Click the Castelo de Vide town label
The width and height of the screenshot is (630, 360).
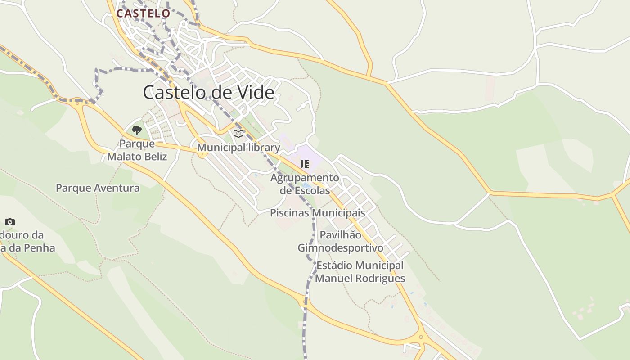(208, 92)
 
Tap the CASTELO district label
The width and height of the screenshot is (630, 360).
(143, 13)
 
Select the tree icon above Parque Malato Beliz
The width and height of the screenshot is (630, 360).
(137, 130)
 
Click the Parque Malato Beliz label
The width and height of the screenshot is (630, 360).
(137, 150)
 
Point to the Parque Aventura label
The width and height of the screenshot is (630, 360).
(98, 188)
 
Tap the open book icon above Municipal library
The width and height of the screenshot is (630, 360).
(238, 134)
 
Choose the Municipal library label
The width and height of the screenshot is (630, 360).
(238, 148)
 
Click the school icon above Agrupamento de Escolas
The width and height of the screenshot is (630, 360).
(305, 164)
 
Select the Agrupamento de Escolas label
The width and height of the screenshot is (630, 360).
(305, 184)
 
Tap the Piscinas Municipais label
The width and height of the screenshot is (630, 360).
(317, 213)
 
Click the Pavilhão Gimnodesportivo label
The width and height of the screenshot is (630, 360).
(340, 241)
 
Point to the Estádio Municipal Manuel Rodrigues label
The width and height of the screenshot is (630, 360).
(360, 272)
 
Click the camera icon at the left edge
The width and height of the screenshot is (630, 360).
(10, 222)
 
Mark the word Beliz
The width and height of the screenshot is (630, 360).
(153, 157)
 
